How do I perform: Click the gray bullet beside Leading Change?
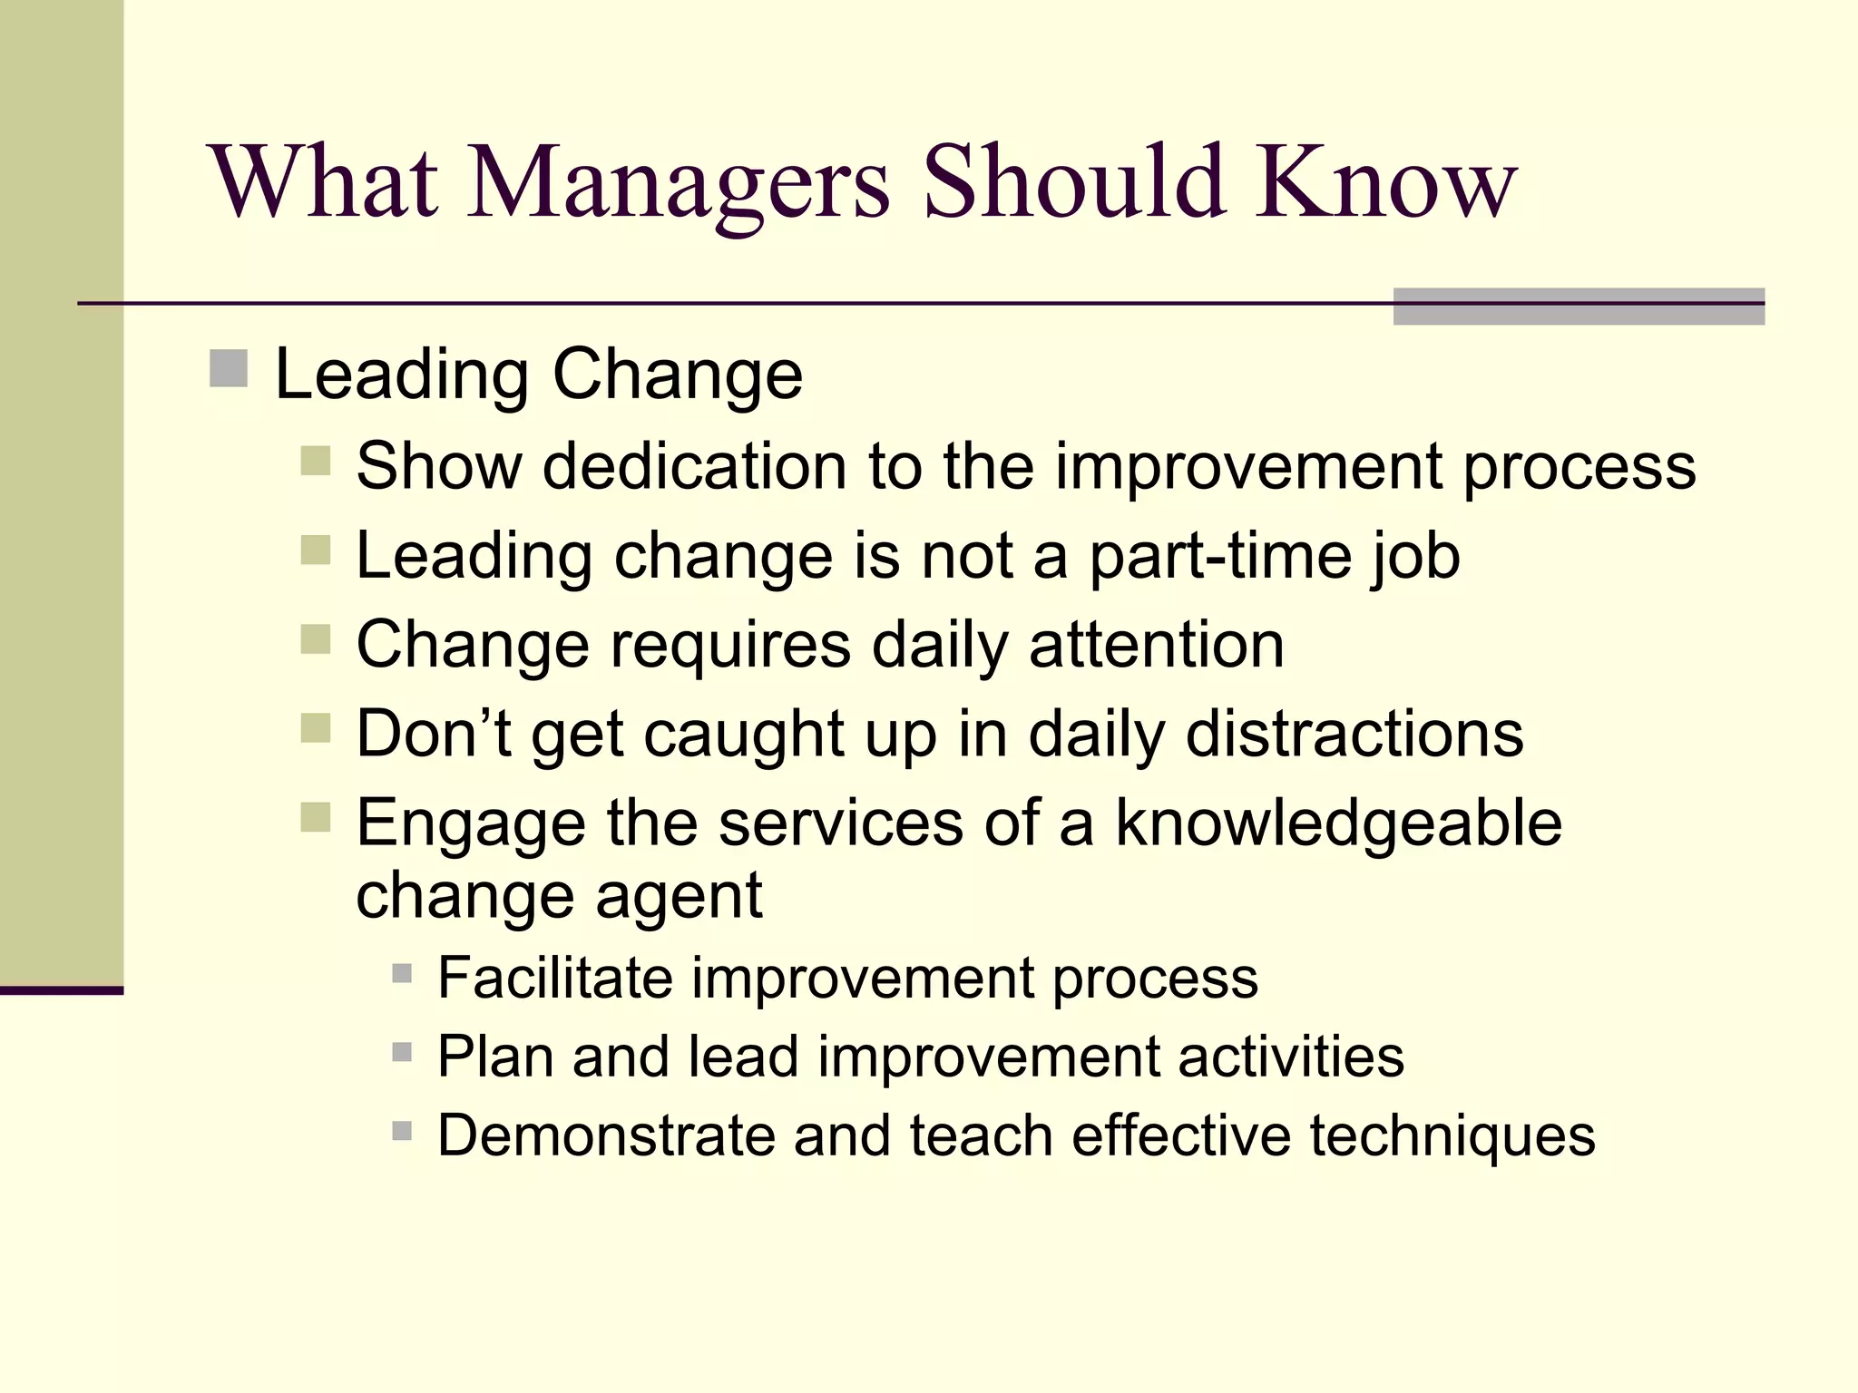[x=229, y=369]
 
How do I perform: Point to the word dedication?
[x=694, y=466]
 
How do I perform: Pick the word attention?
[x=1157, y=645]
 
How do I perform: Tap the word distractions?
[x=1354, y=734]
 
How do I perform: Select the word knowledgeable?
[x=1338, y=823]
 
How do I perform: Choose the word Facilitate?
[x=554, y=978]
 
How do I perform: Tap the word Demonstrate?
[x=606, y=1135]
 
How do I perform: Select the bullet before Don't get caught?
[x=316, y=727]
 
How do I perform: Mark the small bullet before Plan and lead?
[x=402, y=1052]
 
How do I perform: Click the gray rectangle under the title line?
[x=1579, y=307]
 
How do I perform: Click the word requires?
[x=730, y=645]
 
